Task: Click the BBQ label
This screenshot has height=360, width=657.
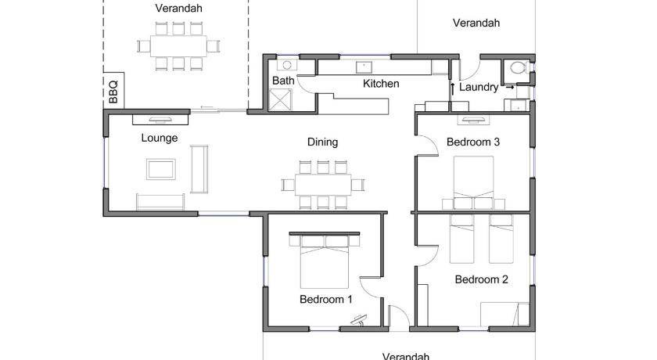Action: (113, 92)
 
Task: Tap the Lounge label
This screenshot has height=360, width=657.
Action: (160, 138)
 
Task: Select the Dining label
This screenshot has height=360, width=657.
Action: (322, 142)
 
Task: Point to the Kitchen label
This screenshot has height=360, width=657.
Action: (381, 84)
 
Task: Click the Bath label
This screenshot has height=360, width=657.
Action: (283, 81)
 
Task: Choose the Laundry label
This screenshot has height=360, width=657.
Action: (479, 87)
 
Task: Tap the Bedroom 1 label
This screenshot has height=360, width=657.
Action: (326, 299)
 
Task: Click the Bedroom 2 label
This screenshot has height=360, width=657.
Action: (482, 279)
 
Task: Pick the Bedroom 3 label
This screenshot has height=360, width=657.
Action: (473, 142)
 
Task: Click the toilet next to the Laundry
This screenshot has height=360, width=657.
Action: (518, 67)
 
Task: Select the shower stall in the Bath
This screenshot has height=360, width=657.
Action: (280, 100)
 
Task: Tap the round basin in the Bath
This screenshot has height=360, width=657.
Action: (287, 65)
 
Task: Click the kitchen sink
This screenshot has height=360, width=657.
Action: (364, 67)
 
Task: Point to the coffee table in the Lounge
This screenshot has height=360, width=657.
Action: (161, 169)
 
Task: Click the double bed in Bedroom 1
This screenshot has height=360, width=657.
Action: (325, 261)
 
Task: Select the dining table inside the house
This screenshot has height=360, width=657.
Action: (323, 185)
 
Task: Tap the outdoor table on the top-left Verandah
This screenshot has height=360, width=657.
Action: (178, 46)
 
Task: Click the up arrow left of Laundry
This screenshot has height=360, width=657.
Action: (453, 90)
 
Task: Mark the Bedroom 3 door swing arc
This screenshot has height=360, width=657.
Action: (431, 140)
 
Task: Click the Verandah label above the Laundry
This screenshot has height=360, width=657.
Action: (476, 23)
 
